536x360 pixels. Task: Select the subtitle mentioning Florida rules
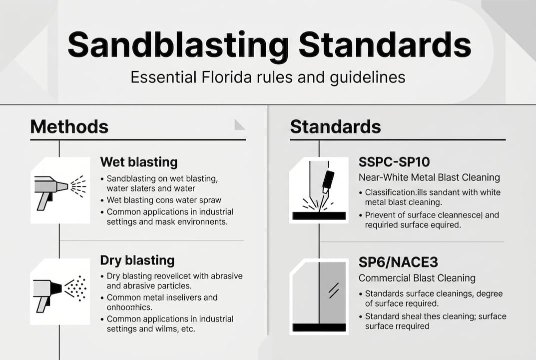click(267, 77)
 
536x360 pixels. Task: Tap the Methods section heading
click(69, 126)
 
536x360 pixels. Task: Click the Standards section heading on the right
click(335, 126)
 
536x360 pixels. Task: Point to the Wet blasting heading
click(138, 162)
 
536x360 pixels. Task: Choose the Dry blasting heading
click(137, 260)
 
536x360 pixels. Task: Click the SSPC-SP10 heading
click(394, 162)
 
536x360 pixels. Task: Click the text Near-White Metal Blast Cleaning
click(429, 177)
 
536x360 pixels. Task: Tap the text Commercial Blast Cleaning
click(417, 278)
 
